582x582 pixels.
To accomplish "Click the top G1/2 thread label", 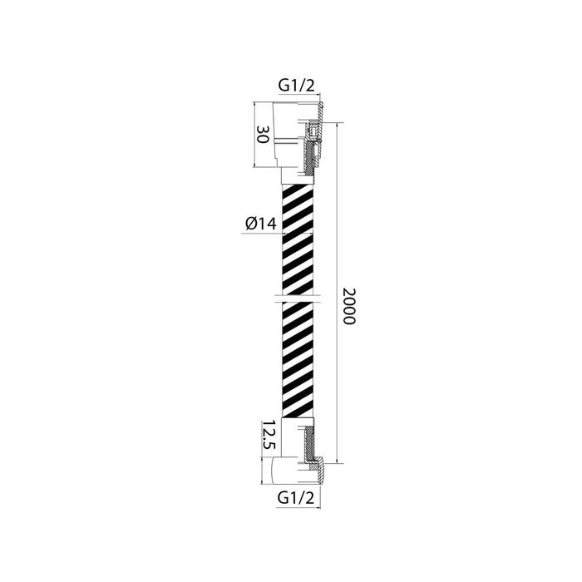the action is point(296,86).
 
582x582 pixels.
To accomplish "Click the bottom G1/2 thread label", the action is point(295,497).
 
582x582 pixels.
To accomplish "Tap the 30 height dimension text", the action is point(263,135).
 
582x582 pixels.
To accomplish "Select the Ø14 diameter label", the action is point(261,224).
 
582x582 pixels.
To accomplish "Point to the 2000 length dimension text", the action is point(349,306).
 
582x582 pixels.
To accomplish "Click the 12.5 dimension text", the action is point(269,435).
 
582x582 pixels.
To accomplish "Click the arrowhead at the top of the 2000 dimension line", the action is point(337,125).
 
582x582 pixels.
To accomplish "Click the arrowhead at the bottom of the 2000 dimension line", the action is point(337,461).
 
